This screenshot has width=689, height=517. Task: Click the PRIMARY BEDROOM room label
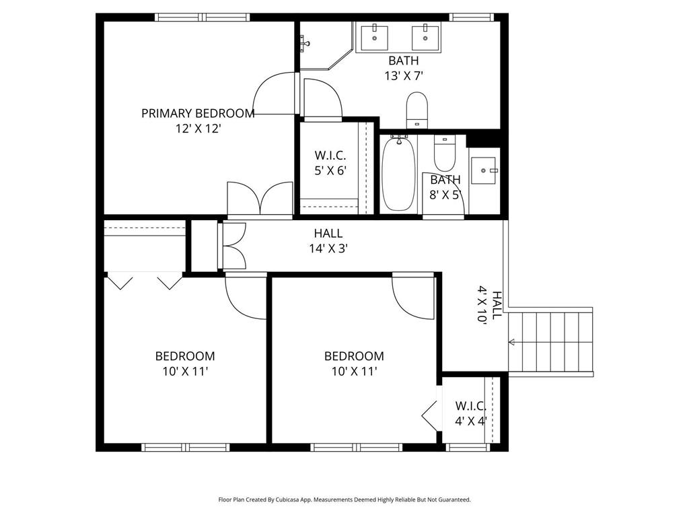tap(198, 113)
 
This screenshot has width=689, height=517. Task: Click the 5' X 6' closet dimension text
tap(330, 170)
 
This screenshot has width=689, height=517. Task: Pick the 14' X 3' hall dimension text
tap(328, 248)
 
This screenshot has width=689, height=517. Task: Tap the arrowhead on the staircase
tap(512, 343)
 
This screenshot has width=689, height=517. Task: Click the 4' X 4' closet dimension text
tap(470, 421)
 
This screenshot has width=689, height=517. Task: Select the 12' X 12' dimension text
tap(198, 128)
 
